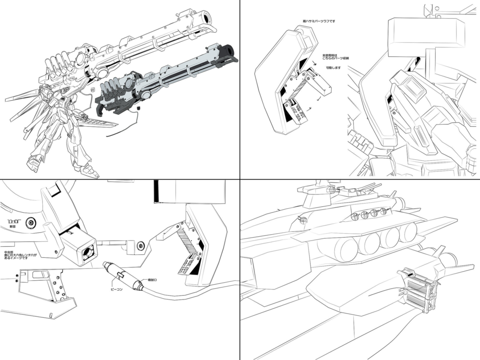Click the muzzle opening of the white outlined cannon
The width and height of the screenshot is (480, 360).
point(207,18)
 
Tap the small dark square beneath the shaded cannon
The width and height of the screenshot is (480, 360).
point(138,108)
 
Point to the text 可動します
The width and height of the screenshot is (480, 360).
point(333,68)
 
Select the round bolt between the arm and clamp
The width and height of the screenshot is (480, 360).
point(140,246)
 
